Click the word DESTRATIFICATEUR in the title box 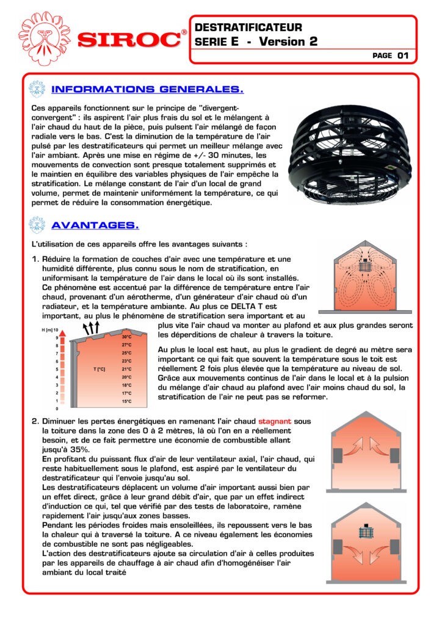[x=248, y=27]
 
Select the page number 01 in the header [x=402, y=56]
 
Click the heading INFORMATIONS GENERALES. [x=148, y=90]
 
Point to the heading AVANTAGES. [x=95, y=225]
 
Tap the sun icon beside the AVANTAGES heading [x=38, y=225]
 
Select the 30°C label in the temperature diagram [x=126, y=337]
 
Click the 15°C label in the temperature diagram [x=126, y=402]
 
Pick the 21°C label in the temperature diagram [x=126, y=369]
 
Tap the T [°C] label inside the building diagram [x=100, y=369]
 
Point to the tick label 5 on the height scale [x=57, y=369]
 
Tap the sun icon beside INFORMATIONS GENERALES [x=38, y=90]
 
